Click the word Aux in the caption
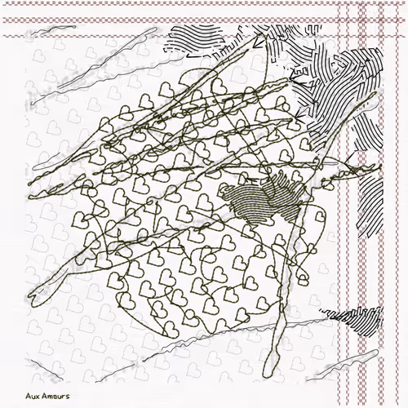(33, 396)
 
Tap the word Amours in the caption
(55, 396)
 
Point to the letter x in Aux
(37, 397)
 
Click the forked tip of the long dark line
(32, 298)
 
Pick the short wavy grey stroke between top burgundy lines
(53, 29)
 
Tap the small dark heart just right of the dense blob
(320, 217)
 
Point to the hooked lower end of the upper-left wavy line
(32, 104)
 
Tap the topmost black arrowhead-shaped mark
(256, 42)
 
